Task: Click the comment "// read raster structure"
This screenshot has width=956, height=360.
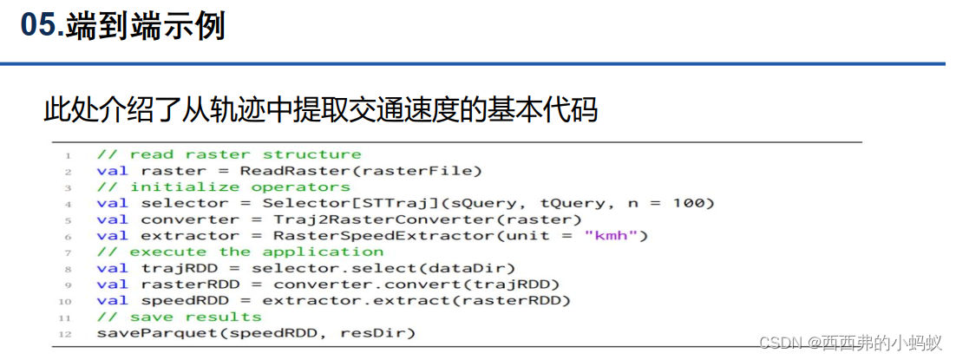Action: pyautogui.click(x=228, y=154)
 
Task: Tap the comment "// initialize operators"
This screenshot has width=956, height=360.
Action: pyautogui.click(x=223, y=187)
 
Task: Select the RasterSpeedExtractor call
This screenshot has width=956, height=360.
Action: pyautogui.click(x=460, y=236)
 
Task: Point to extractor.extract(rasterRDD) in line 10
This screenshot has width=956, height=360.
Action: pyautogui.click(x=416, y=301)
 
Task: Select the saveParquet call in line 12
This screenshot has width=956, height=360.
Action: pyautogui.click(x=256, y=333)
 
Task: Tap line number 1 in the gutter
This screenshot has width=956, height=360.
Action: pyautogui.click(x=67, y=154)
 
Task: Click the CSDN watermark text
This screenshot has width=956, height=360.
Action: pyautogui.click(x=850, y=344)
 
